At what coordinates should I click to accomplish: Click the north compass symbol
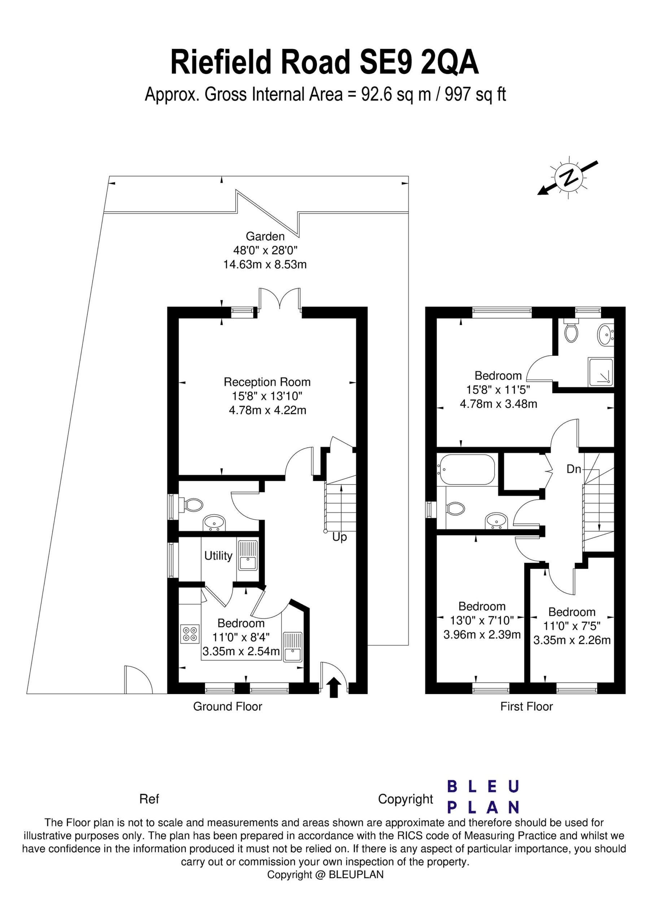569,177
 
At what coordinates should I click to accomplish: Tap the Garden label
265,236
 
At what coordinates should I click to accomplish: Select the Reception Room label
267,382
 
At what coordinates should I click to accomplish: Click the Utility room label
218,556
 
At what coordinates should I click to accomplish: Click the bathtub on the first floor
466,469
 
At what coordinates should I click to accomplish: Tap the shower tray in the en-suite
601,372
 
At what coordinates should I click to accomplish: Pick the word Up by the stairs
339,537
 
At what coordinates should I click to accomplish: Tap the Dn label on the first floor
574,469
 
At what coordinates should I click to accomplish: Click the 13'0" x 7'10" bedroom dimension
482,620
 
